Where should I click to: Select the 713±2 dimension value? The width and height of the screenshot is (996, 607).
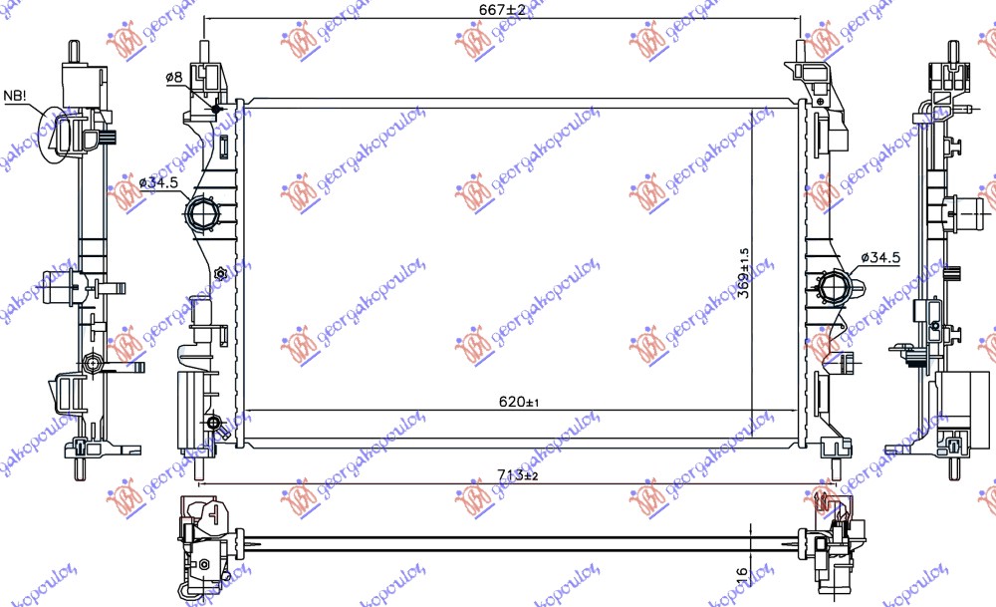tap(517, 475)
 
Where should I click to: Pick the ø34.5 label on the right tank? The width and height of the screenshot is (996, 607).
tap(879, 257)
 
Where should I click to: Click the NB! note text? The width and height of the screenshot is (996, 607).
tap(17, 96)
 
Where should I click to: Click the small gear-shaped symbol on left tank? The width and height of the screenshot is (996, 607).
tap(221, 274)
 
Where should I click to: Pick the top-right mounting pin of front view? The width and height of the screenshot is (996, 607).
tap(803, 50)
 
